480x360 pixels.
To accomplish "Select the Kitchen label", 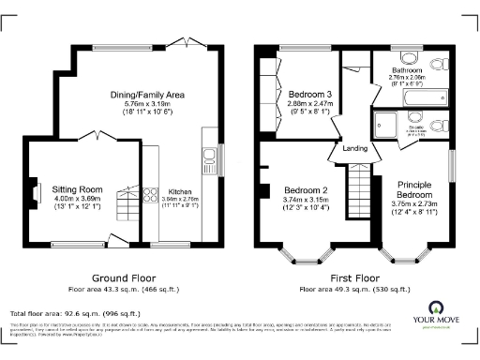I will (x=179, y=190).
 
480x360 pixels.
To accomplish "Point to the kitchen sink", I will (x=211, y=154).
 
